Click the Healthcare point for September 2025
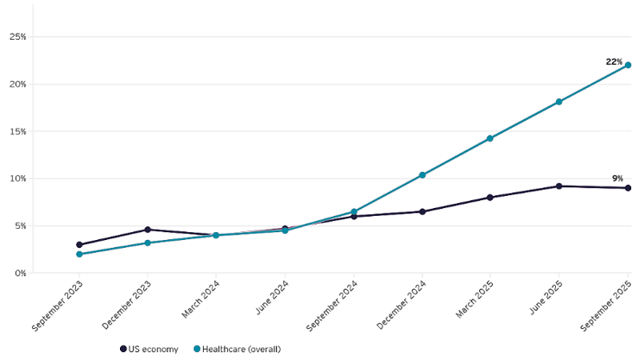coord(628,66)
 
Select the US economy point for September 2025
coord(628,188)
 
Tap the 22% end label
coord(614,61)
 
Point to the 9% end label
coord(617,178)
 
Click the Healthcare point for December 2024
coord(422,175)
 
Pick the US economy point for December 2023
coord(148,230)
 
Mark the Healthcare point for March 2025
coord(490,138)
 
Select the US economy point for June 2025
coord(559,186)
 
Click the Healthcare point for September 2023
coord(79,254)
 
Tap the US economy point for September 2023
coord(79,245)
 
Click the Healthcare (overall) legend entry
coord(236,349)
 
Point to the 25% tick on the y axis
coord(17,37)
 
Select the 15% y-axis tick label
coord(17,131)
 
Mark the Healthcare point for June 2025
coord(559,102)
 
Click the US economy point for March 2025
coord(490,198)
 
